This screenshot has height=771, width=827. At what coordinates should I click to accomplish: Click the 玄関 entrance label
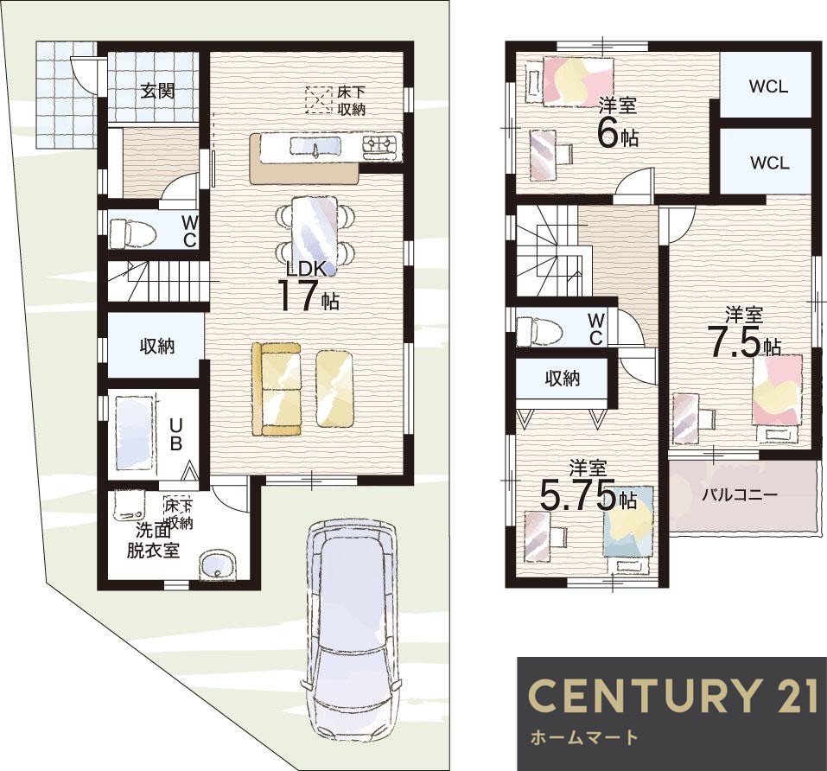(x=157, y=92)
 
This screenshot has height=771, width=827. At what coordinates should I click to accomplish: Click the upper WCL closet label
(x=768, y=86)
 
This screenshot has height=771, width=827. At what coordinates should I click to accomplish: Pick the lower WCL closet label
(x=769, y=162)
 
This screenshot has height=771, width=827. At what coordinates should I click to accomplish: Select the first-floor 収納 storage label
(x=157, y=346)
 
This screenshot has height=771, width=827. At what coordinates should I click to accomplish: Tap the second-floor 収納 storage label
(x=563, y=378)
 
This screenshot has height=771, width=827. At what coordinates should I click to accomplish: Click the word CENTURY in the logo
(x=642, y=695)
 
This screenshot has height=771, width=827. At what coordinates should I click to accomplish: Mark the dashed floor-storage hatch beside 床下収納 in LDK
(x=318, y=99)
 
